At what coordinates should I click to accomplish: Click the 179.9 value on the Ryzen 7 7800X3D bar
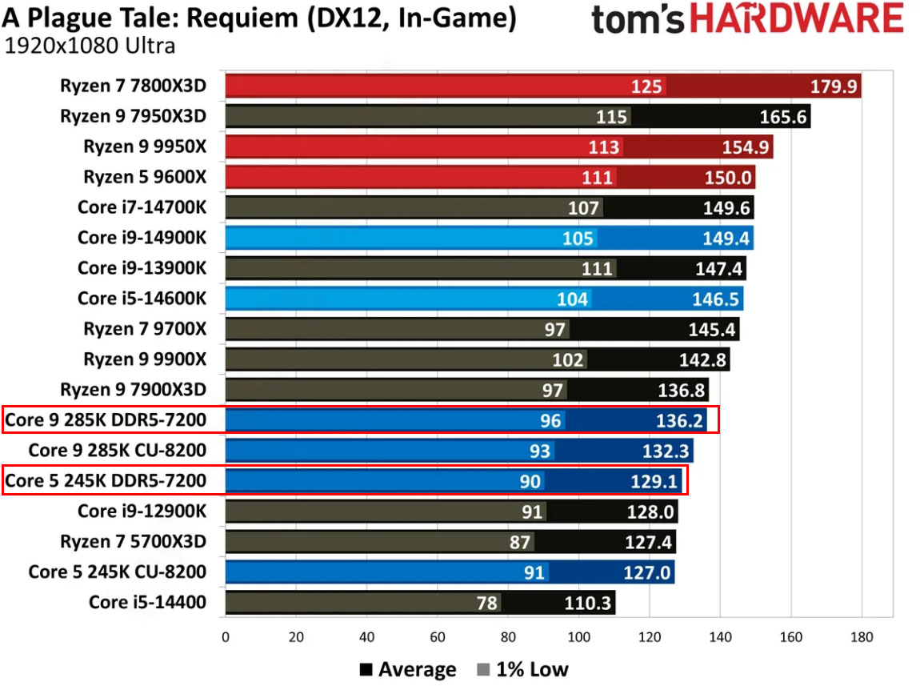pyautogui.click(x=832, y=86)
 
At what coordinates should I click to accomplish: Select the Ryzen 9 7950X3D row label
pyautogui.click(x=133, y=117)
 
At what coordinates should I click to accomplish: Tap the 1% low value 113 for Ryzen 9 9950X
pyautogui.click(x=604, y=147)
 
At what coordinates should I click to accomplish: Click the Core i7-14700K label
pyautogui.click(x=142, y=207)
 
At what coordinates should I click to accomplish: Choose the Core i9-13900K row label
pyautogui.click(x=142, y=268)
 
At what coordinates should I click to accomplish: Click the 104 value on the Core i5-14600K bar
pyautogui.click(x=573, y=299)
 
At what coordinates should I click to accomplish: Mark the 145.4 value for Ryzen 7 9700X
pyautogui.click(x=714, y=329)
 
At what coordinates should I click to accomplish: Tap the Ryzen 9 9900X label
pyautogui.click(x=145, y=359)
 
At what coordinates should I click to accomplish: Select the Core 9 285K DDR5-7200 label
pyautogui.click(x=106, y=419)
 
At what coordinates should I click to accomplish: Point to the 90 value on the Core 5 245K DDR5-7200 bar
pyautogui.click(x=530, y=481)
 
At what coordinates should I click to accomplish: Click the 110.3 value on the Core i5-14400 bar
pyautogui.click(x=587, y=602)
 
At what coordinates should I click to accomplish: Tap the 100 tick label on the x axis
pyautogui.click(x=578, y=637)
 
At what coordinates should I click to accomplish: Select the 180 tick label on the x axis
pyautogui.click(x=862, y=637)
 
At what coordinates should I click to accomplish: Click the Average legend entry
pyautogui.click(x=407, y=669)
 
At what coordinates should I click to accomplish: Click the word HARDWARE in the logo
pyautogui.click(x=796, y=19)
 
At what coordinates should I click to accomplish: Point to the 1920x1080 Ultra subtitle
pyautogui.click(x=90, y=46)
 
